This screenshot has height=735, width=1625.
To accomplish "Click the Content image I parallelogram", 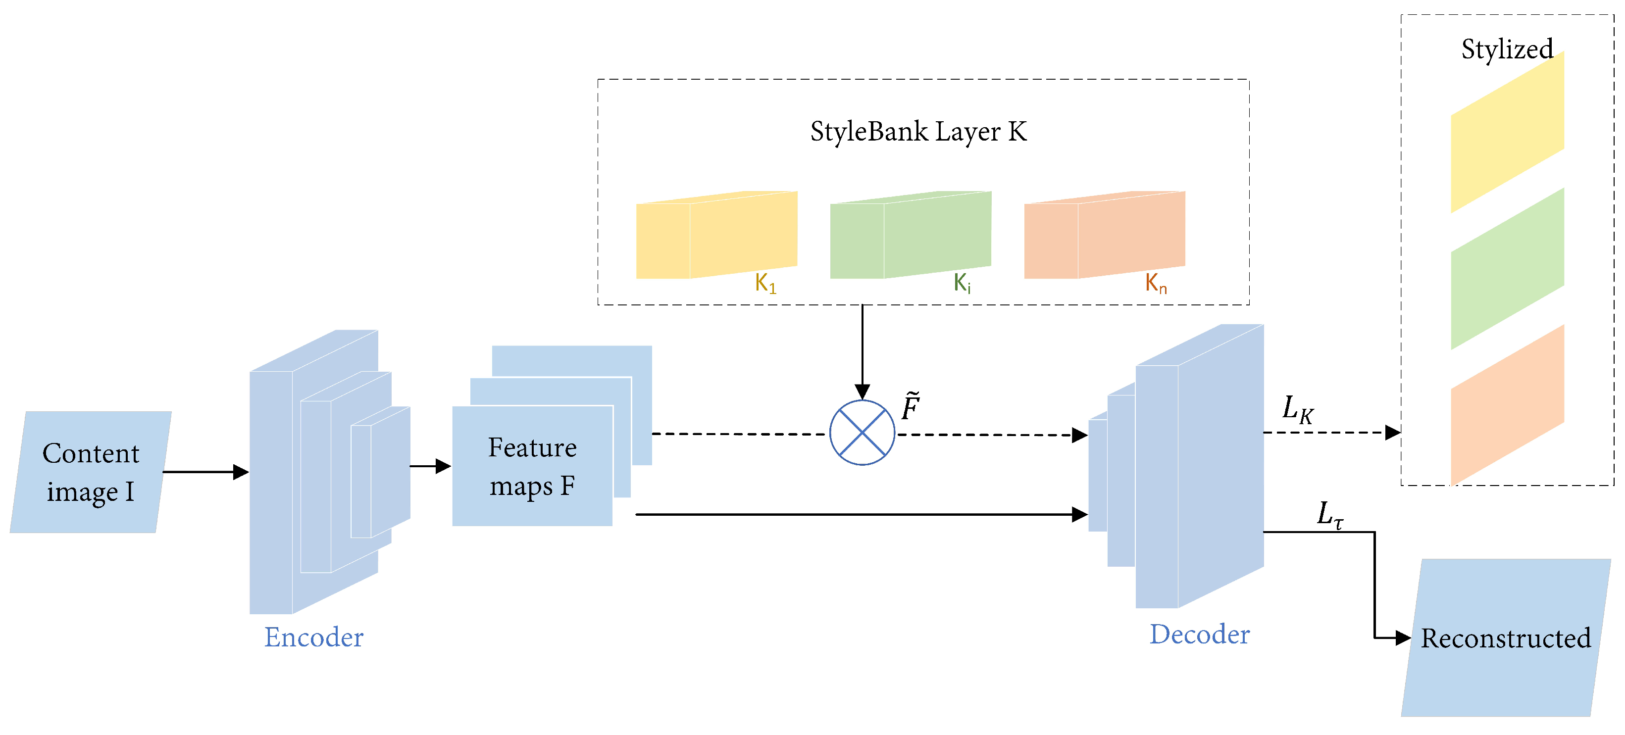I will pos(90,472).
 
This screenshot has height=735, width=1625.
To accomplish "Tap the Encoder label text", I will pos(313,637).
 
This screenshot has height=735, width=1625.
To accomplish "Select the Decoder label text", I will pos(1199,634).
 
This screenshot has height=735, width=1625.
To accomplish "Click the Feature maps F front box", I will pos(532,466).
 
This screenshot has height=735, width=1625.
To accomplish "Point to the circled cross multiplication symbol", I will pos(862,433).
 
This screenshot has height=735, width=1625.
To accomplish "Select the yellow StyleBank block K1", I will pos(716,235).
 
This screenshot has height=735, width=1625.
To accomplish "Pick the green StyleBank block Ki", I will pos(910,235).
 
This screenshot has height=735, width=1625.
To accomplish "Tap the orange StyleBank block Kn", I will pos(1104,235).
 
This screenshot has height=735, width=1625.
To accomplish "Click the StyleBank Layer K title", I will pos(918,132).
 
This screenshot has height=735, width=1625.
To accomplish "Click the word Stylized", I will pos(1507,49).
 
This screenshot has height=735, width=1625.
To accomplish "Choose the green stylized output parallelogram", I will pos(1507,269).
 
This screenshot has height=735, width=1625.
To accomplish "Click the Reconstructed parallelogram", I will pos(1505,638).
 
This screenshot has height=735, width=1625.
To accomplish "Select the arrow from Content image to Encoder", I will pos(205,472).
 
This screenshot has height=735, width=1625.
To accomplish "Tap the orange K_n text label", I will pos(1156,283).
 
